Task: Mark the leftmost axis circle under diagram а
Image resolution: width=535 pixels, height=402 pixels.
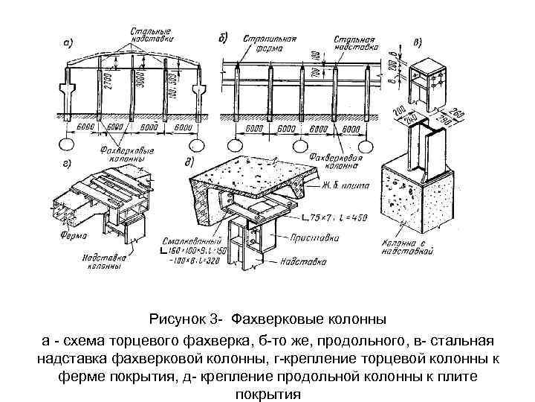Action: pos(68,143)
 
